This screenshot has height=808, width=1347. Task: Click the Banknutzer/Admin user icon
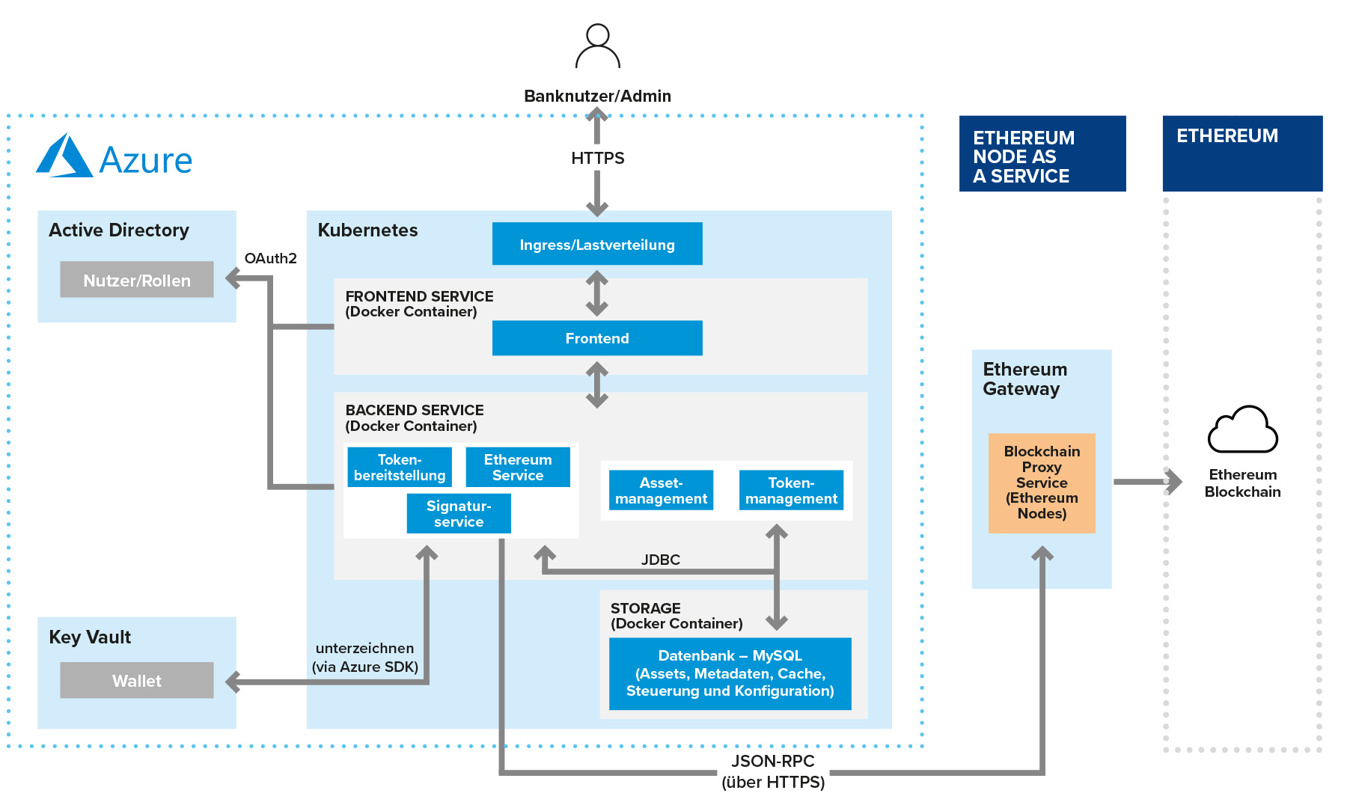click(597, 46)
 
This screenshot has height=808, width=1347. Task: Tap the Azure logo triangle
click(65, 156)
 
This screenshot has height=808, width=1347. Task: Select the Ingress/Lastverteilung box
click(597, 244)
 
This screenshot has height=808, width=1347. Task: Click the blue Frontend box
click(597, 338)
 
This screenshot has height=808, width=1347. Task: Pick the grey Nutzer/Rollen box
click(136, 280)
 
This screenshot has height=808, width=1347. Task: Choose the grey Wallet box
click(136, 680)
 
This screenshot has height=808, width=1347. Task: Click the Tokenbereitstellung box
click(400, 467)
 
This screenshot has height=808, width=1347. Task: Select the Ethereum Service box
click(518, 467)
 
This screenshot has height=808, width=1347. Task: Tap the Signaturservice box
click(459, 513)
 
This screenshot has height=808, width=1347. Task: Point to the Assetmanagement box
click(661, 490)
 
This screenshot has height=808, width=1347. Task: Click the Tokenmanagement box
click(791, 490)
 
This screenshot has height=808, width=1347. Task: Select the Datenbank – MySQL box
click(730, 673)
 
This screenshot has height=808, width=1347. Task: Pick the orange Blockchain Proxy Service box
click(1042, 483)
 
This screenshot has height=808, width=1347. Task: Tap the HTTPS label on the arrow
click(597, 158)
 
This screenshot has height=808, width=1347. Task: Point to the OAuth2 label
click(270, 258)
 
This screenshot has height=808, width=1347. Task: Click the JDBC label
click(660, 560)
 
